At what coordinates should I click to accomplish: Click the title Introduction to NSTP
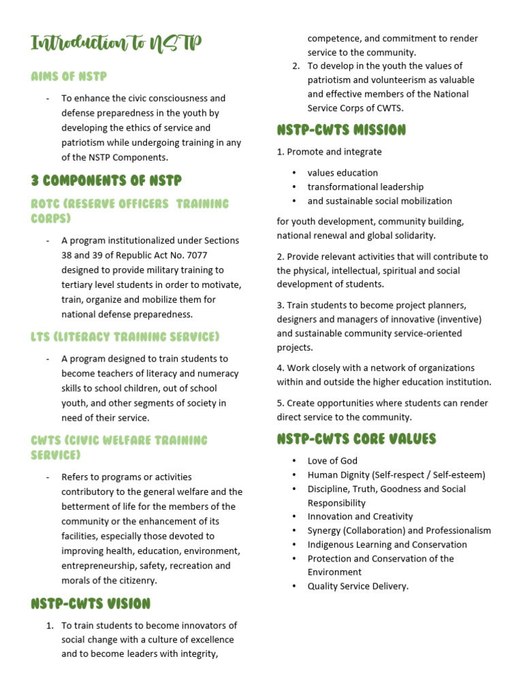116,44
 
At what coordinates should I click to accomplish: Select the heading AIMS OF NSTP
69,76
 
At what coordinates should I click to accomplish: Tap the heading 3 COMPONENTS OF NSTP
106,180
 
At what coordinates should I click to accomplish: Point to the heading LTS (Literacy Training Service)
125,337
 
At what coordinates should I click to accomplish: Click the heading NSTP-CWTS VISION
91,604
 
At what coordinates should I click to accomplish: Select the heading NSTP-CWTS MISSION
341,129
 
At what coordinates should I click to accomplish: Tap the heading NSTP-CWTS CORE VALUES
356,439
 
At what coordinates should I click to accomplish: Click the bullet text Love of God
332,461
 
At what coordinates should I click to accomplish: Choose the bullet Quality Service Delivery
358,586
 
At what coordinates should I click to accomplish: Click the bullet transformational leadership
365,187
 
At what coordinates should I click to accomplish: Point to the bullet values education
343,173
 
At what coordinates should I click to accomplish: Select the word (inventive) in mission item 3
460,319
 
